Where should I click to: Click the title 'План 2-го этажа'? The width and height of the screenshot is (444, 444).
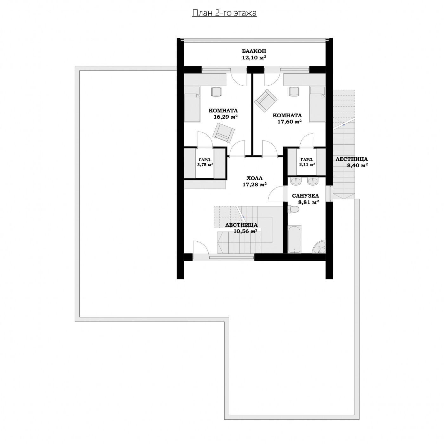(224, 13)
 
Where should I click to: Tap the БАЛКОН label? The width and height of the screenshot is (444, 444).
(254, 51)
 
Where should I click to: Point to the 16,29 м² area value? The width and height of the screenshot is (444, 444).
(225, 117)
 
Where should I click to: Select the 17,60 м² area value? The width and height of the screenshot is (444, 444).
(290, 121)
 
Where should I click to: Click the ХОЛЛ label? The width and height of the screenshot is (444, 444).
(255, 178)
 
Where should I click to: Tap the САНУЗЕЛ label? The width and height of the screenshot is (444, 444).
(305, 196)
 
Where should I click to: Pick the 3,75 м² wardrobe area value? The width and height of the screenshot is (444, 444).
(205, 165)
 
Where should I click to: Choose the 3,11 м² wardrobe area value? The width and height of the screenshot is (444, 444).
(307, 164)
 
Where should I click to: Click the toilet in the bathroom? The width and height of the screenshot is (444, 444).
(293, 209)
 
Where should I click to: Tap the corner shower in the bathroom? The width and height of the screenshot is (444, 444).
(319, 246)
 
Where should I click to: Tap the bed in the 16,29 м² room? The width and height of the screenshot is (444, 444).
(192, 104)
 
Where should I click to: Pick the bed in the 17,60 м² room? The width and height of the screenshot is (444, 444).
(317, 104)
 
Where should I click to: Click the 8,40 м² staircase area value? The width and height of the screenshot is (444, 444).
(357, 165)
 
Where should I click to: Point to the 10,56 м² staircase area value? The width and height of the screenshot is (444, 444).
(245, 231)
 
